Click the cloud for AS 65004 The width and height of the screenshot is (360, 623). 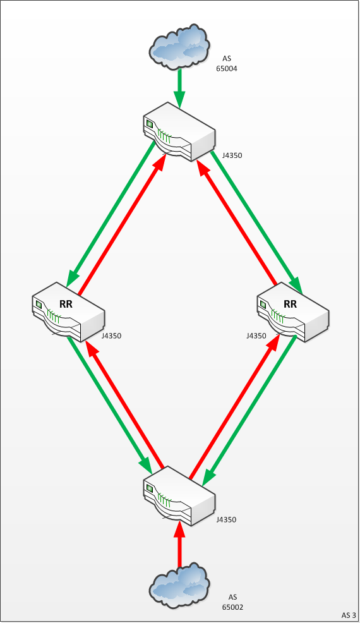point(179,47)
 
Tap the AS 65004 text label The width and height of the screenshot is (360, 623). point(227,63)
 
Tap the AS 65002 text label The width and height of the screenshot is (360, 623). point(232,602)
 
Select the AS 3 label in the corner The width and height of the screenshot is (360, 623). point(349,615)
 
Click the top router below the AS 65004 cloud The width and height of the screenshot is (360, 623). point(179,132)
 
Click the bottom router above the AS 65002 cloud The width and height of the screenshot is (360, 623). point(179,496)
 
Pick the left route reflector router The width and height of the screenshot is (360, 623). point(68,312)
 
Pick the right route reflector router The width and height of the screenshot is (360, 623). point(293,312)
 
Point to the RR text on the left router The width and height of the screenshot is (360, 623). point(66,304)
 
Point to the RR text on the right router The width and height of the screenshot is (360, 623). point(290,304)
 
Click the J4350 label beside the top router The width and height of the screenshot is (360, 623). point(232,155)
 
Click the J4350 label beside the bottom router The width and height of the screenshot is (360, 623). point(227,520)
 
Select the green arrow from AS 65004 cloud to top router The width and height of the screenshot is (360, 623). point(179,88)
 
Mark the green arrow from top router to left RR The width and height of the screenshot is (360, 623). point(111,214)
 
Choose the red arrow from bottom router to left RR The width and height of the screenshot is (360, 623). point(124,404)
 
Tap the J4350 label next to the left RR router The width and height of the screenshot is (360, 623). point(111,336)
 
